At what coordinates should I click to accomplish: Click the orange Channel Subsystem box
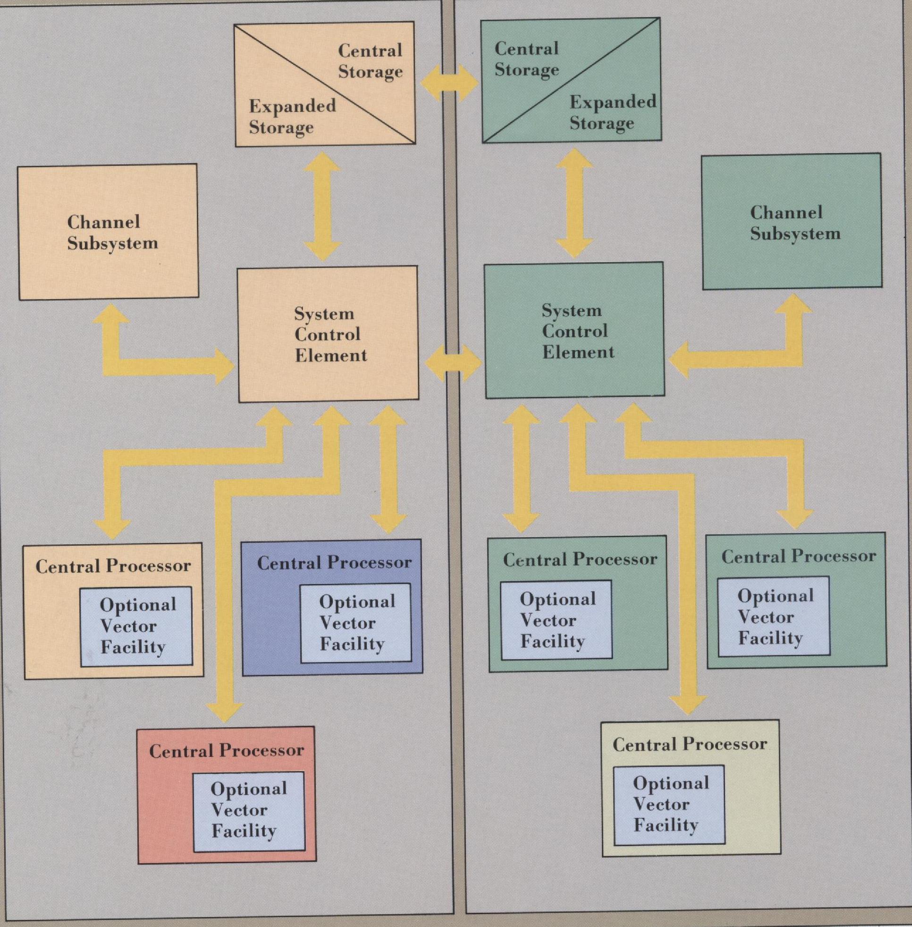(108, 232)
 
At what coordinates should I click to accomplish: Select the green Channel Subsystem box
(791, 222)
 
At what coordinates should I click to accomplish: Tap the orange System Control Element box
(329, 334)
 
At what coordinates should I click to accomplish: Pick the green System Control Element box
(574, 331)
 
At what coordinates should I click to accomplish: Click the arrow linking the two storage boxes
(449, 85)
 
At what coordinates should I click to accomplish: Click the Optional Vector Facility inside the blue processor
(356, 623)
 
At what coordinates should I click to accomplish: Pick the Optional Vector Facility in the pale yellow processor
(669, 804)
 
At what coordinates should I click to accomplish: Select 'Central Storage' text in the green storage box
(526, 59)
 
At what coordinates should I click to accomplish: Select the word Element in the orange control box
(330, 356)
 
